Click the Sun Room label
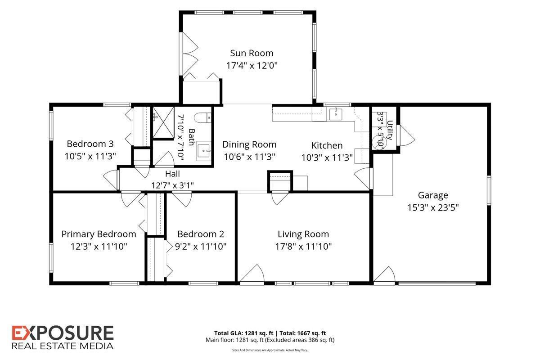pos(252,53)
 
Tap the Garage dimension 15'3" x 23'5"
pos(433,207)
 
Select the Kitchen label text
pos(327,145)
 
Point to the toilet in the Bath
pos(202,117)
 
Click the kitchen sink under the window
pos(336,114)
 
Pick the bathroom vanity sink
pos(204,151)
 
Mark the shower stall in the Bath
pos(163,122)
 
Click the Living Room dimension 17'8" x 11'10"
pos(303,247)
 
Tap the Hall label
pos(172,174)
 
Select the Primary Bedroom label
pos(99,234)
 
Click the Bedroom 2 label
pos(201,234)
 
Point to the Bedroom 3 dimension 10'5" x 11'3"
pos(90,156)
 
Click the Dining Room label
pos(249,144)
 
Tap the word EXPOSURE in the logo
pos(63,333)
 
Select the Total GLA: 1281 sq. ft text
pos(244,333)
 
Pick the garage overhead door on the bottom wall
pos(437,283)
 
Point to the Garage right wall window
pos(489,190)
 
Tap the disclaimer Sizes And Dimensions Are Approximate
pos(270,350)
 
